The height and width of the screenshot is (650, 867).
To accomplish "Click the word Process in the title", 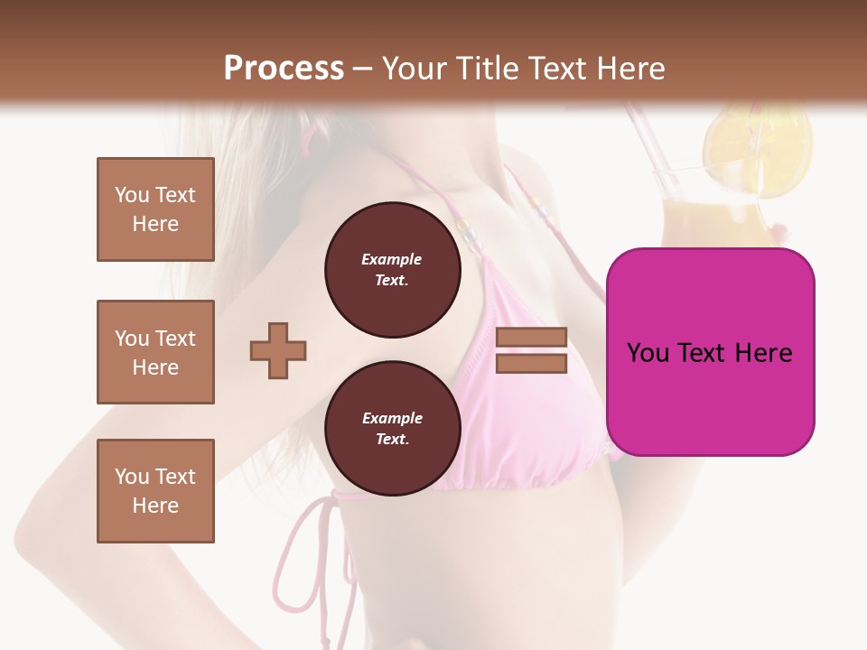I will pyautogui.click(x=284, y=69).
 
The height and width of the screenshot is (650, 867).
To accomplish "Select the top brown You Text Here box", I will pyautogui.click(x=155, y=209).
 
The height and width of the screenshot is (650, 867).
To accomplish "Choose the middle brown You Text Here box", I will pyautogui.click(x=155, y=352).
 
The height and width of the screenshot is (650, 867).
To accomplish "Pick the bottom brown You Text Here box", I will pyautogui.click(x=155, y=491).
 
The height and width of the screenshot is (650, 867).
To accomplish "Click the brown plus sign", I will pyautogui.click(x=278, y=349).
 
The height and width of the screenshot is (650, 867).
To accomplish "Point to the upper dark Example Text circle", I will pyautogui.click(x=392, y=270).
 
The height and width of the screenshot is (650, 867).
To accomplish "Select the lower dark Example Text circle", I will pyautogui.click(x=392, y=429).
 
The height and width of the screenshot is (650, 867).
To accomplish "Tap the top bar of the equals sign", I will pyautogui.click(x=532, y=337).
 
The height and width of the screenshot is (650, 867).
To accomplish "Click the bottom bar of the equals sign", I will pyautogui.click(x=532, y=363).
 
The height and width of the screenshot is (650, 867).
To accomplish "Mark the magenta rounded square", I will pyautogui.click(x=710, y=352).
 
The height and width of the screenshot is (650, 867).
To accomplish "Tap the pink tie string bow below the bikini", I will pyautogui.click(x=312, y=542).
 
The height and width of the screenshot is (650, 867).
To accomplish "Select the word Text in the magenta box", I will pyautogui.click(x=706, y=353).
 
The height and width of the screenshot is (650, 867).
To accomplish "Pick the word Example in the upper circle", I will pyautogui.click(x=392, y=260).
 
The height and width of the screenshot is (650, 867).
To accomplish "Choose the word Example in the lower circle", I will pyautogui.click(x=392, y=419).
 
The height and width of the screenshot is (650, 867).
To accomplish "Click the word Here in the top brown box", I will pyautogui.click(x=155, y=224).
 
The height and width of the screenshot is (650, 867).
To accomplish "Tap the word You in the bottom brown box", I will pyautogui.click(x=130, y=477).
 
